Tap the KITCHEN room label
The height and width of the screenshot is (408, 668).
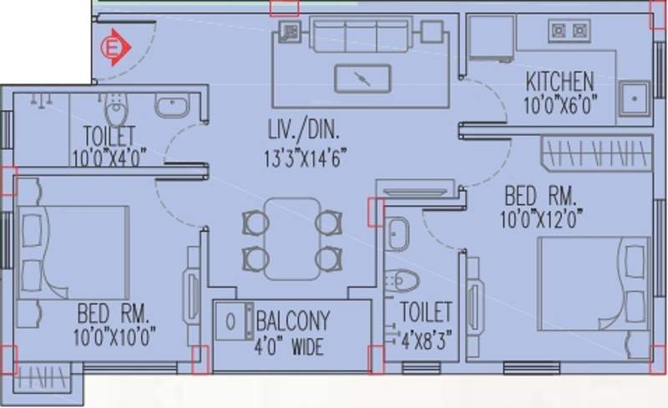pyautogui.click(x=559, y=82)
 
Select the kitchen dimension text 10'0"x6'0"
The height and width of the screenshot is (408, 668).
pyautogui.click(x=560, y=106)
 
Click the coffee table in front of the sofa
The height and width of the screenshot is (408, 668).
pyautogui.click(x=362, y=78)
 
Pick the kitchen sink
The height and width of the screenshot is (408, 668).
pyautogui.click(x=634, y=100)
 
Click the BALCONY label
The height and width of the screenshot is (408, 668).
pyautogui.click(x=293, y=320)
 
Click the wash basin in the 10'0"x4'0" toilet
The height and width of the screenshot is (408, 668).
pyautogui.click(x=172, y=107)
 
